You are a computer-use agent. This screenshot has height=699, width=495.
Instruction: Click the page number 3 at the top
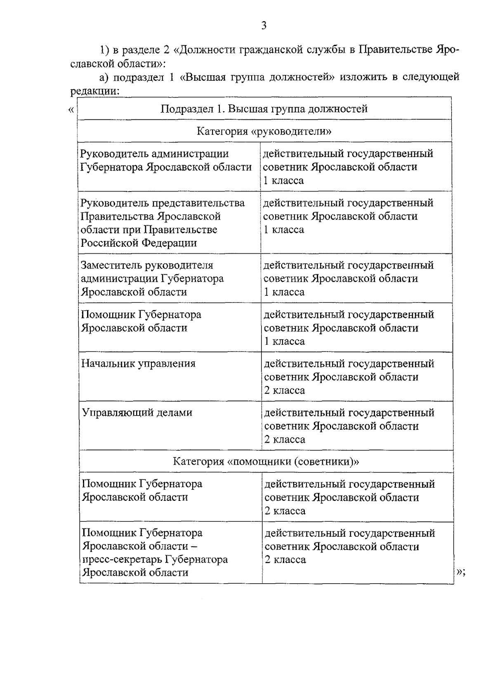[264, 26]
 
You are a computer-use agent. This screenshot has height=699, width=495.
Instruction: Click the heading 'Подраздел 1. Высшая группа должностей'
[264, 109]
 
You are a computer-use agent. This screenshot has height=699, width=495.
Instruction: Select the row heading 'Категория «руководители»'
[264, 131]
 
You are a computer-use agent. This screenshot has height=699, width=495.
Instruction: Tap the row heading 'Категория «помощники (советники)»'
[266, 461]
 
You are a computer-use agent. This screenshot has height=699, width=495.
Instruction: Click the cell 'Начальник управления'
[138, 364]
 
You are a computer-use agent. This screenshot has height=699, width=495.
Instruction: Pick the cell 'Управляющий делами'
[137, 413]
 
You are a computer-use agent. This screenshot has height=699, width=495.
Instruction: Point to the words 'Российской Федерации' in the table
[139, 243]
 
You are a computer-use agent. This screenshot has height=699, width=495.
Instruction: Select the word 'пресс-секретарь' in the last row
[122, 560]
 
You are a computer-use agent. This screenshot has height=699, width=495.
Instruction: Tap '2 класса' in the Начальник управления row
[285, 390]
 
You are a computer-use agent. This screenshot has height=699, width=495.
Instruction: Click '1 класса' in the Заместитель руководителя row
[284, 292]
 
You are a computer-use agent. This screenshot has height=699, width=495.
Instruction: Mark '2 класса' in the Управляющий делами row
[285, 440]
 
